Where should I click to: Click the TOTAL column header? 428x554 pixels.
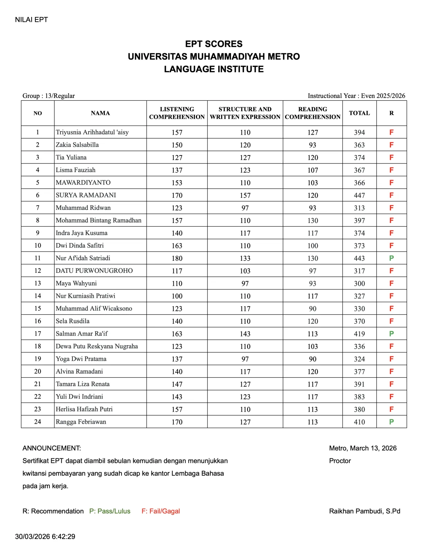(x=359, y=113)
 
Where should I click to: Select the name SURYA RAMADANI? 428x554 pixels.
(x=86, y=195)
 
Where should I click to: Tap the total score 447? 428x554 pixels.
(x=359, y=195)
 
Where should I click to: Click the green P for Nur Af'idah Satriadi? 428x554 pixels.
(x=391, y=258)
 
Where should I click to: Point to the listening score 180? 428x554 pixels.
(x=177, y=258)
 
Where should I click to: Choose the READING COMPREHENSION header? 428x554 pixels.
(x=312, y=113)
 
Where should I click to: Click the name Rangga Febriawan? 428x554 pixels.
(x=81, y=422)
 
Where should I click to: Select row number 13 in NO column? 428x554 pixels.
(x=37, y=283)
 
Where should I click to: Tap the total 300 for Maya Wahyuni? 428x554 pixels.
(x=359, y=284)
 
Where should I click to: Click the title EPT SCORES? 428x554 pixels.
(x=214, y=44)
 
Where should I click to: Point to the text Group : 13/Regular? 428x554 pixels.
(x=48, y=96)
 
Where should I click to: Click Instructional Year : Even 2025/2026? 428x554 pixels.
(x=356, y=96)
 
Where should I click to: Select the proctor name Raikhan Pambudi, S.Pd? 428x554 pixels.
(x=364, y=511)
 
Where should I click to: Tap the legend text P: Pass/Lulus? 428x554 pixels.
(x=110, y=511)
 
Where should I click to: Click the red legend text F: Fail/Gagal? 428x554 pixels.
(x=161, y=511)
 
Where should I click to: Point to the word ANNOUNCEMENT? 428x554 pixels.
(x=52, y=448)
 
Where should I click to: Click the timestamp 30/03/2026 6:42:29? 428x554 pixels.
(x=45, y=536)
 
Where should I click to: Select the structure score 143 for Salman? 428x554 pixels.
(x=245, y=334)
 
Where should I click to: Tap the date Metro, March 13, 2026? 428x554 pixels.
(x=363, y=448)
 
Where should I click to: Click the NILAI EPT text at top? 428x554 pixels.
(x=31, y=20)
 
